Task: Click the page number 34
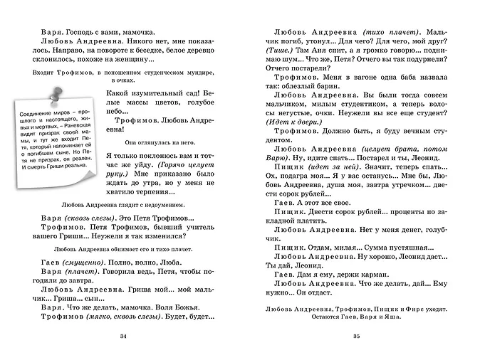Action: point(124,336)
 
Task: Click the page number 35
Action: point(357,336)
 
